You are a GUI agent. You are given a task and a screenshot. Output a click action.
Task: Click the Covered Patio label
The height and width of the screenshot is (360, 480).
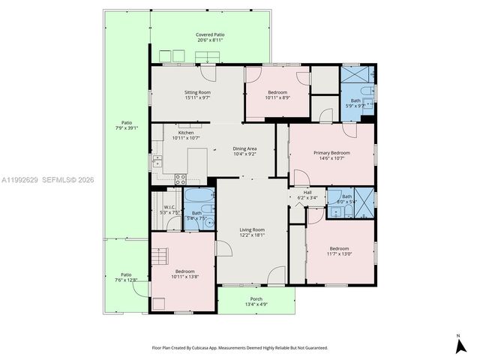coord(210,34)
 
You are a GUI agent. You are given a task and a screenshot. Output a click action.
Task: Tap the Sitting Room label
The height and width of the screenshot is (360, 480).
coord(198,92)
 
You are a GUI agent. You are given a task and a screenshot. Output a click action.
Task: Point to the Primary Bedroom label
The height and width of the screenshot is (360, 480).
coord(331,152)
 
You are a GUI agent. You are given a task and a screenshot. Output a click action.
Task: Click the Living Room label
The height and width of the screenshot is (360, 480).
coord(252,229)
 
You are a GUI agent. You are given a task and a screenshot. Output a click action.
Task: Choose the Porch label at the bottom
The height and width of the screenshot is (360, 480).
coord(256,298)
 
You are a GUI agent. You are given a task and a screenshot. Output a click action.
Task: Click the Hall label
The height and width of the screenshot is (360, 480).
coord(307,192)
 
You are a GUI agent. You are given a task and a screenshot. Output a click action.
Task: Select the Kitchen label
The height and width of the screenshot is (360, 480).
coord(185,133)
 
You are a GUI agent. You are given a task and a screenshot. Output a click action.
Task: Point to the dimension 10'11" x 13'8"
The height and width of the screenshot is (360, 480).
coord(184,277)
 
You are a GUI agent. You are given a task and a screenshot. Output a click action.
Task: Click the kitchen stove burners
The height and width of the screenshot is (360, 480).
coord(180,178)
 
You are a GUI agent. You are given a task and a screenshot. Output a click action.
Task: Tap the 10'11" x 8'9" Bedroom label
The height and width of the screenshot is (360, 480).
coord(277,92)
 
